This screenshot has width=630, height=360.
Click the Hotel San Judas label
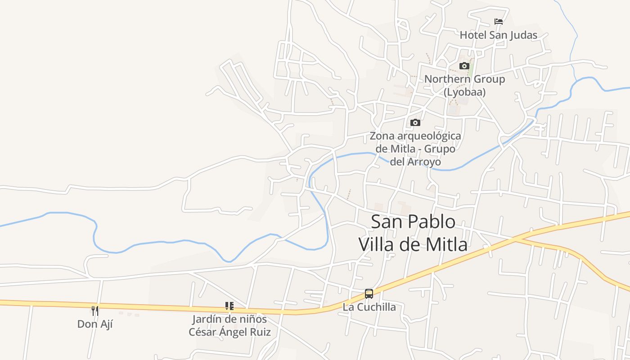(x=498, y=35)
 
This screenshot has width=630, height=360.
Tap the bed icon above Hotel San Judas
(x=498, y=21)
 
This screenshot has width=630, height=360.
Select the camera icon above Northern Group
(x=464, y=66)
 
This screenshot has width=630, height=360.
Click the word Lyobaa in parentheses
(x=465, y=92)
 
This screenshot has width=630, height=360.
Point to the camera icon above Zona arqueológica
(x=415, y=122)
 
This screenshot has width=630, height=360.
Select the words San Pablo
(x=413, y=222)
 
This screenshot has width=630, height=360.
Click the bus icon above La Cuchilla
(x=369, y=294)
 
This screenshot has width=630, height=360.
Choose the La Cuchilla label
(x=369, y=307)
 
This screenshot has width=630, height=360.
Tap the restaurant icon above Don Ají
(x=95, y=310)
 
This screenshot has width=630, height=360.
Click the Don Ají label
(x=95, y=324)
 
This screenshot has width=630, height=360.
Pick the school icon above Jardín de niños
(x=229, y=306)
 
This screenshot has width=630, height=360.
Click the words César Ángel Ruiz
(x=229, y=332)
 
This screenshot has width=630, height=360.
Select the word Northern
(x=445, y=79)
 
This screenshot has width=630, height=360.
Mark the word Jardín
(x=207, y=319)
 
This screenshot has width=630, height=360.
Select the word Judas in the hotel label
(x=523, y=35)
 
